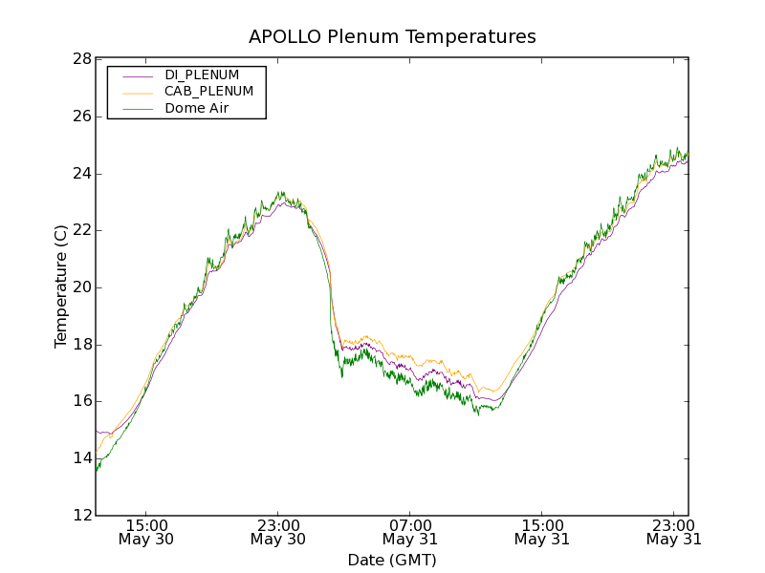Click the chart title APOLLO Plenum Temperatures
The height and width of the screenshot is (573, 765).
click(x=392, y=37)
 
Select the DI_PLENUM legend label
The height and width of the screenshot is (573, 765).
click(x=202, y=74)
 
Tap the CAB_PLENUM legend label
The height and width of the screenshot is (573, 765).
click(x=208, y=92)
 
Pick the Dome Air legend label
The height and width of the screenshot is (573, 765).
click(x=197, y=109)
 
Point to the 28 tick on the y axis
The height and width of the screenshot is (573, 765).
click(x=81, y=59)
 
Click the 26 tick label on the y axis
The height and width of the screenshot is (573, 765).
click(x=81, y=117)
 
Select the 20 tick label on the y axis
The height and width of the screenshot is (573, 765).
click(x=81, y=287)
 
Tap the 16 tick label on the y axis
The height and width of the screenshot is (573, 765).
click(x=81, y=401)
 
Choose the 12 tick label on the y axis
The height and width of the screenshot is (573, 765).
click(x=81, y=515)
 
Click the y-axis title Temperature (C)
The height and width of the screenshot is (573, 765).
click(x=61, y=286)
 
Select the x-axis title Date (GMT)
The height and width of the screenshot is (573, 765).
click(x=392, y=560)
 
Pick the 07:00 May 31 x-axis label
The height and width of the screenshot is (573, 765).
click(x=409, y=532)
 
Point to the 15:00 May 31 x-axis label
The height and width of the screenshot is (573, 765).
click(x=541, y=532)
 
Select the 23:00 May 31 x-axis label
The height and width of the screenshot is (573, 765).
click(x=673, y=532)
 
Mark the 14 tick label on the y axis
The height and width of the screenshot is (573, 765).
click(x=81, y=458)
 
